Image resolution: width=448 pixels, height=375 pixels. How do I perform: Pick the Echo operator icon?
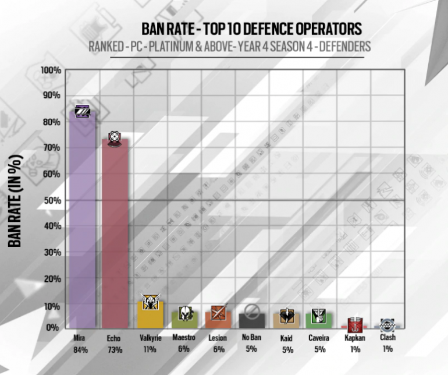tap(115, 139)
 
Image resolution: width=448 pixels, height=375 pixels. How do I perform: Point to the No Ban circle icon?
tap(252, 310)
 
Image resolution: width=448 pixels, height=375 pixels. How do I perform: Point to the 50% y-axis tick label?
tap(52, 200)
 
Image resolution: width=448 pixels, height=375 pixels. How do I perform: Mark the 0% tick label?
tap(54, 327)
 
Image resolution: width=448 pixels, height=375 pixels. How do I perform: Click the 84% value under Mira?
tap(80, 350)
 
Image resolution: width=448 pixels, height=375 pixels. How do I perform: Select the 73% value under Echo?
tap(115, 350)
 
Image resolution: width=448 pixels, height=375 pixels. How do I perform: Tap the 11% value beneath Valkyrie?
tap(150, 349)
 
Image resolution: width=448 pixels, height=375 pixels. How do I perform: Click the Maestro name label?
tap(184, 338)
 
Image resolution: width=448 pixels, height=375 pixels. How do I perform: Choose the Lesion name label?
tap(218, 338)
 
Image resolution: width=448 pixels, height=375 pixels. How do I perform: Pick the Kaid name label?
tap(286, 338)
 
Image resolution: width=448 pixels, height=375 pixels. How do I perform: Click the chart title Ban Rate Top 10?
tap(251, 29)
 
